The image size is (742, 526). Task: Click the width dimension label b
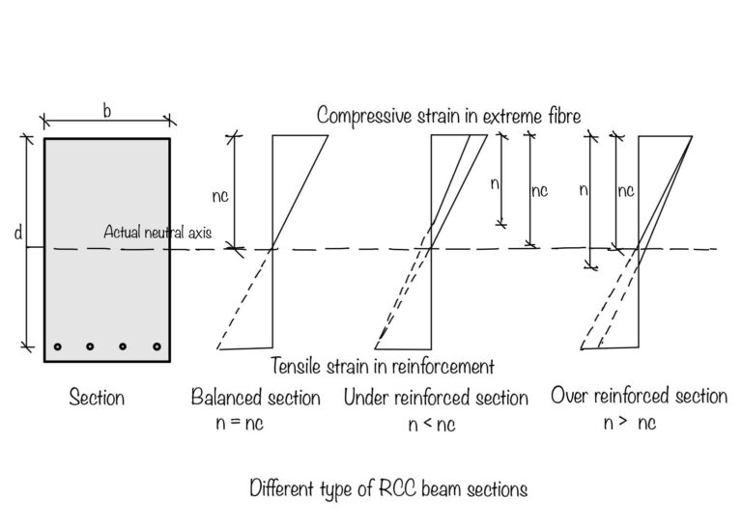106,111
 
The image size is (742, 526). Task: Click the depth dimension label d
19,235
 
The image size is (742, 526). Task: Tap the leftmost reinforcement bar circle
58,346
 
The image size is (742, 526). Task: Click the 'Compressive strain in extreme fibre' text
449,116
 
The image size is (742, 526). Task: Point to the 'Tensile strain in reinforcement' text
384,366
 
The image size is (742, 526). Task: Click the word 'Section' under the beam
97,398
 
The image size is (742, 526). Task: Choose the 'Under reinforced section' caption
436,398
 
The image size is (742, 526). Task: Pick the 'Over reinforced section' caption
639,396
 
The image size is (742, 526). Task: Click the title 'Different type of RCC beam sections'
388,488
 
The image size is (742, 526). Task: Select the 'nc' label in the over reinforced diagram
625,190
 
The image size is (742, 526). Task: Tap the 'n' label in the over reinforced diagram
583,190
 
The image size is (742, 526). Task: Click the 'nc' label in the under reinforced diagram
539,190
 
